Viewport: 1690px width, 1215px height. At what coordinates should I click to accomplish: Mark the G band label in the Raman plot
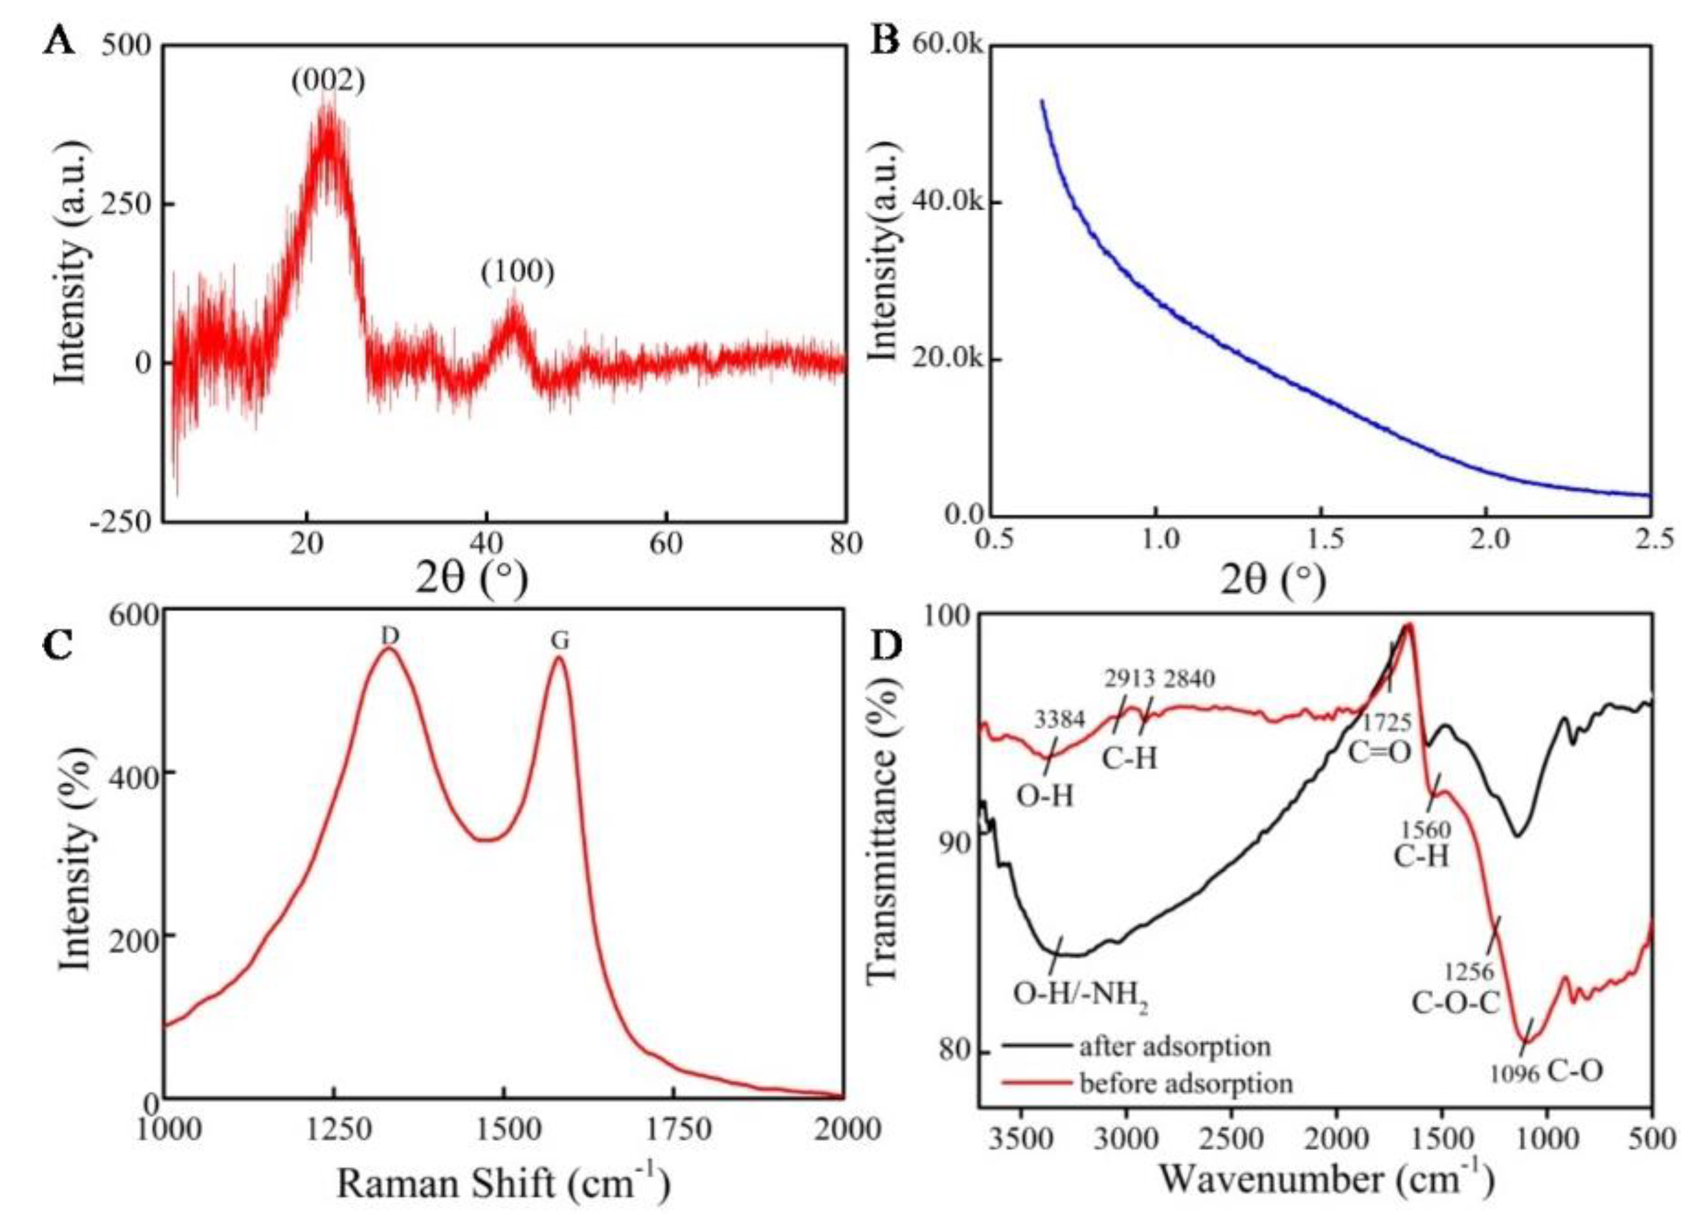click(560, 642)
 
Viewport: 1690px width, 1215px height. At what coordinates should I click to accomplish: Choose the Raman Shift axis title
click(503, 1183)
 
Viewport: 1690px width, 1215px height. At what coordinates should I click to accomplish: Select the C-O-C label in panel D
click(1455, 1003)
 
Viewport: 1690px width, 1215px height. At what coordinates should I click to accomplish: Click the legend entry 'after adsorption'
click(1175, 1046)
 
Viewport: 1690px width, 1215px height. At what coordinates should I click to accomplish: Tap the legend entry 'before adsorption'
click(1185, 1082)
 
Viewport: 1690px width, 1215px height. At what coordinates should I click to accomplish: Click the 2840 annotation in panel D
click(1189, 678)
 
